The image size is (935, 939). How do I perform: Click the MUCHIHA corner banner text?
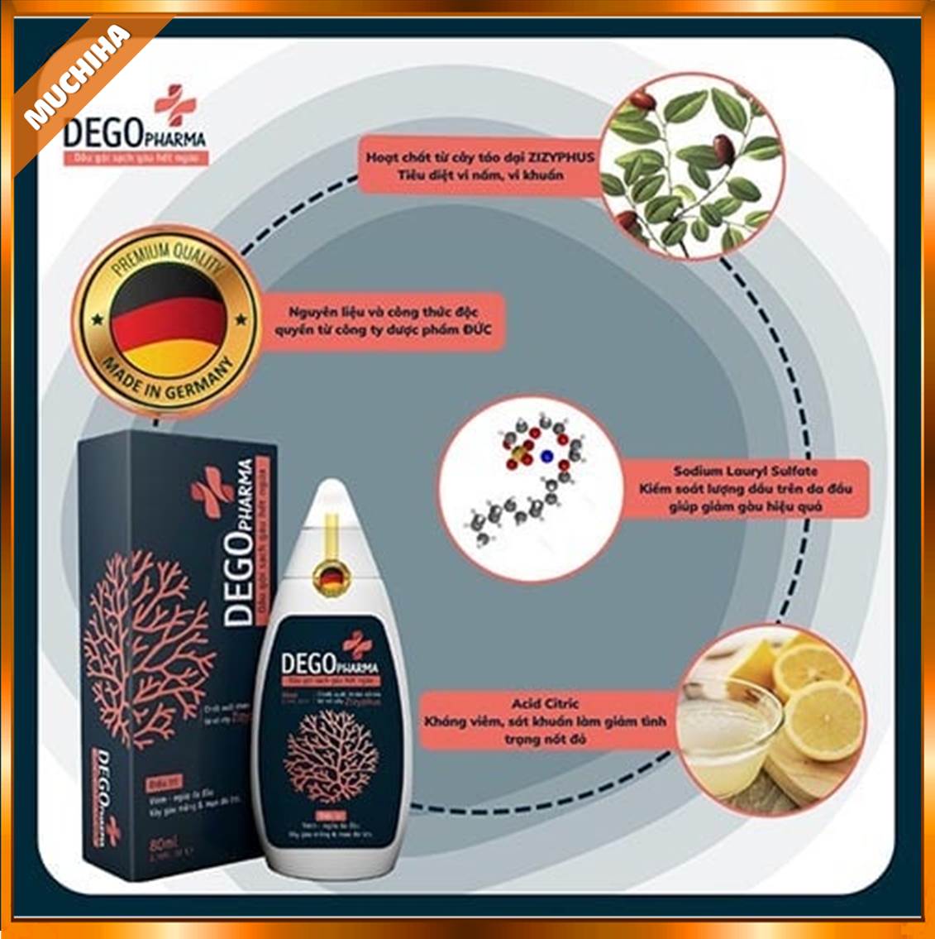point(79,79)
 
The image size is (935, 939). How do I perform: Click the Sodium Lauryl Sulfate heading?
point(745,471)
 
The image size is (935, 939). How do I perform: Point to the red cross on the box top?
point(212,488)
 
